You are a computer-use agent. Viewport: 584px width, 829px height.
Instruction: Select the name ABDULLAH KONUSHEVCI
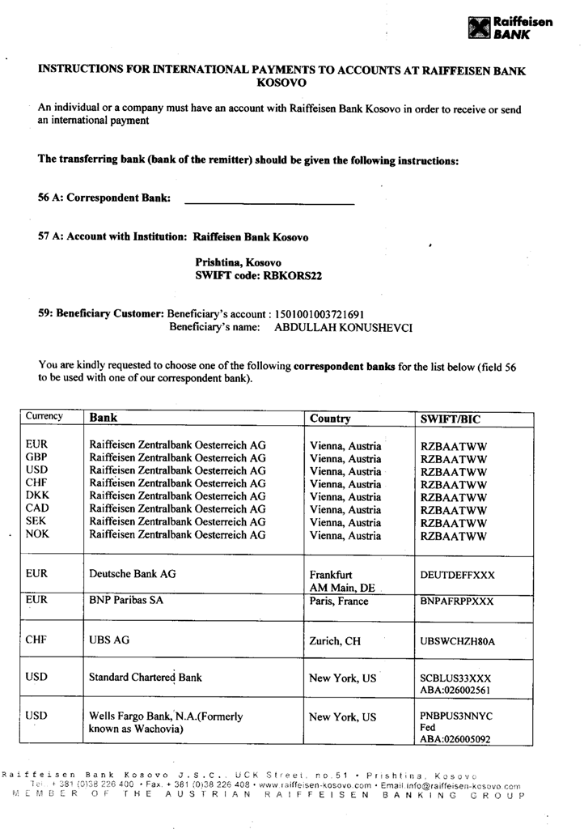point(344,328)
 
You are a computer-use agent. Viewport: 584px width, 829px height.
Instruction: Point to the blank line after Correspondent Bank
point(270,202)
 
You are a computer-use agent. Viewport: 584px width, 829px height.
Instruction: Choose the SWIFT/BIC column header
point(451,419)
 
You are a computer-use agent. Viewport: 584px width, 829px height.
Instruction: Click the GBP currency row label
point(38,458)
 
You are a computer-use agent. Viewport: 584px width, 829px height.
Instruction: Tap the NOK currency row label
point(38,534)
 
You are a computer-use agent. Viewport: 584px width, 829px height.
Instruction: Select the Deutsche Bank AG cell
point(133,574)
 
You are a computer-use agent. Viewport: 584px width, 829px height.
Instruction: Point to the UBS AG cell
point(109,640)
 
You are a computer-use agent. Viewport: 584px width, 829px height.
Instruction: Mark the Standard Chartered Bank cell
point(146,677)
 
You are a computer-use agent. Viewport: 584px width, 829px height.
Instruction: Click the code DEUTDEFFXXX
point(458,575)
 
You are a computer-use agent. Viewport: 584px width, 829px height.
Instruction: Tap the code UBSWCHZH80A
point(458,641)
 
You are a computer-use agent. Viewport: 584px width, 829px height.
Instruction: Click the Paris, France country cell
point(339,602)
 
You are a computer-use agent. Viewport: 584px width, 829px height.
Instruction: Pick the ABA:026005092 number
point(455,738)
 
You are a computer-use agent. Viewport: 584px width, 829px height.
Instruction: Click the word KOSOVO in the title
point(281,83)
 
